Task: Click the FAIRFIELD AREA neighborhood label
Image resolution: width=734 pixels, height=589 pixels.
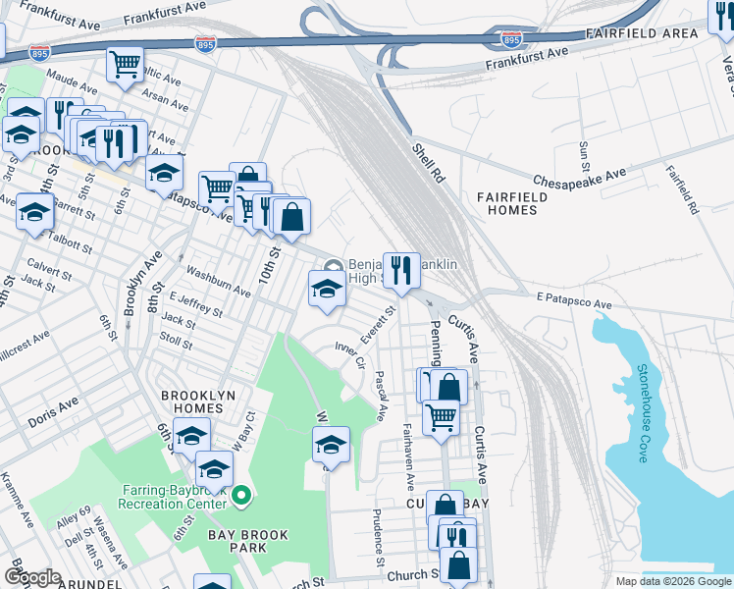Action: coord(642,33)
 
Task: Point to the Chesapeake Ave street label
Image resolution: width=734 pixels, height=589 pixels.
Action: coord(579,178)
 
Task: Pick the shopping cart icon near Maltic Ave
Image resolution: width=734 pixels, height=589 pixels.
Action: coord(125,65)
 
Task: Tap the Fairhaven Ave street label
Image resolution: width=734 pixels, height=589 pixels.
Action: coord(406,457)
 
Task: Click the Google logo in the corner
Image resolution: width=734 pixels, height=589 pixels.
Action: coord(31,577)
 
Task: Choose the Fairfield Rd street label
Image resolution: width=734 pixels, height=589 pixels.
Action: coord(682,190)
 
